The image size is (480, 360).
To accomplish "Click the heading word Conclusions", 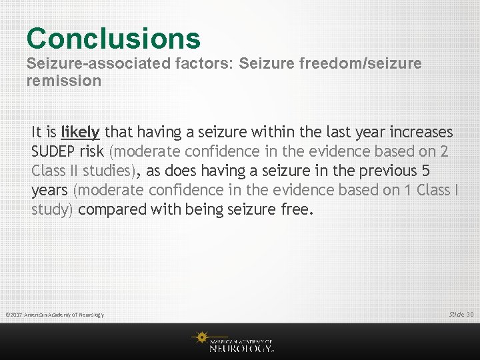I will tap(113, 38).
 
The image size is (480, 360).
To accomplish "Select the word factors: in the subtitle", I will tap(167, 64).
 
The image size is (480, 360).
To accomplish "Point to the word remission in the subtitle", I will tap(64, 81).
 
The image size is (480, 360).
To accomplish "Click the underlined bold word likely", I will tap(80, 132).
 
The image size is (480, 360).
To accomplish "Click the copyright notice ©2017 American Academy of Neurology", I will tap(55, 315).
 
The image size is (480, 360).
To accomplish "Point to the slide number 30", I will tap(470, 314).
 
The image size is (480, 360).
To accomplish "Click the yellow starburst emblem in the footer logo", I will tap(200, 338).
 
